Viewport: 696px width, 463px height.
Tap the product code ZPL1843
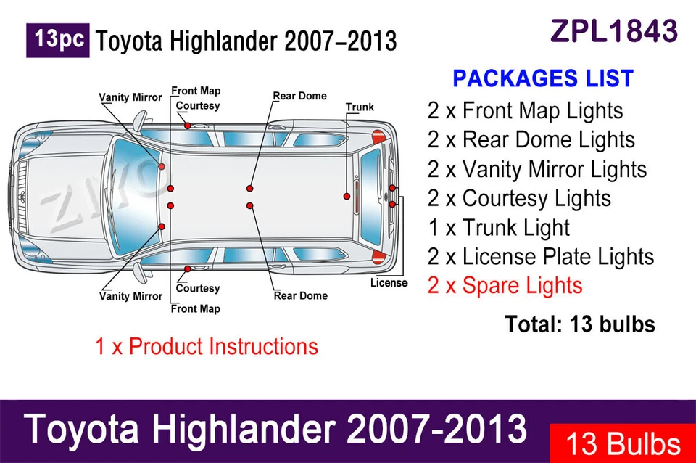point(614,31)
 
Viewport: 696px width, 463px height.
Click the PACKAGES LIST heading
point(543,78)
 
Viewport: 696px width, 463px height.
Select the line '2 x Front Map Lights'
point(525,111)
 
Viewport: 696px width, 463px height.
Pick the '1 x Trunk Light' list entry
point(499,228)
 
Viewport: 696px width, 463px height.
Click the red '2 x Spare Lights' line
point(505,285)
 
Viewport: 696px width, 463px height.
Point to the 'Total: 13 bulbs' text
point(579,324)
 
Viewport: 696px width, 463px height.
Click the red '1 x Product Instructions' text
point(207,346)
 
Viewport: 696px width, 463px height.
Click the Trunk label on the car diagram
point(360,107)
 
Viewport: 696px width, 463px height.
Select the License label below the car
point(389,282)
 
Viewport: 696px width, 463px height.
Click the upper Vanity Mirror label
point(130,97)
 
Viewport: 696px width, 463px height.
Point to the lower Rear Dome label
point(300,295)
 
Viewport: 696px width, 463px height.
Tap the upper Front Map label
point(196,91)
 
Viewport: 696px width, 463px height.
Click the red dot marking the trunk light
point(347,196)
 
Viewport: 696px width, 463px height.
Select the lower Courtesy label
point(197,288)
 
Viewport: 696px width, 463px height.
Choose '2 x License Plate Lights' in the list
point(540,257)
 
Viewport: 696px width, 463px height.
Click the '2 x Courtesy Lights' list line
point(519,198)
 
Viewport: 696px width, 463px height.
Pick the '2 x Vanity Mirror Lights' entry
point(536,169)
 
